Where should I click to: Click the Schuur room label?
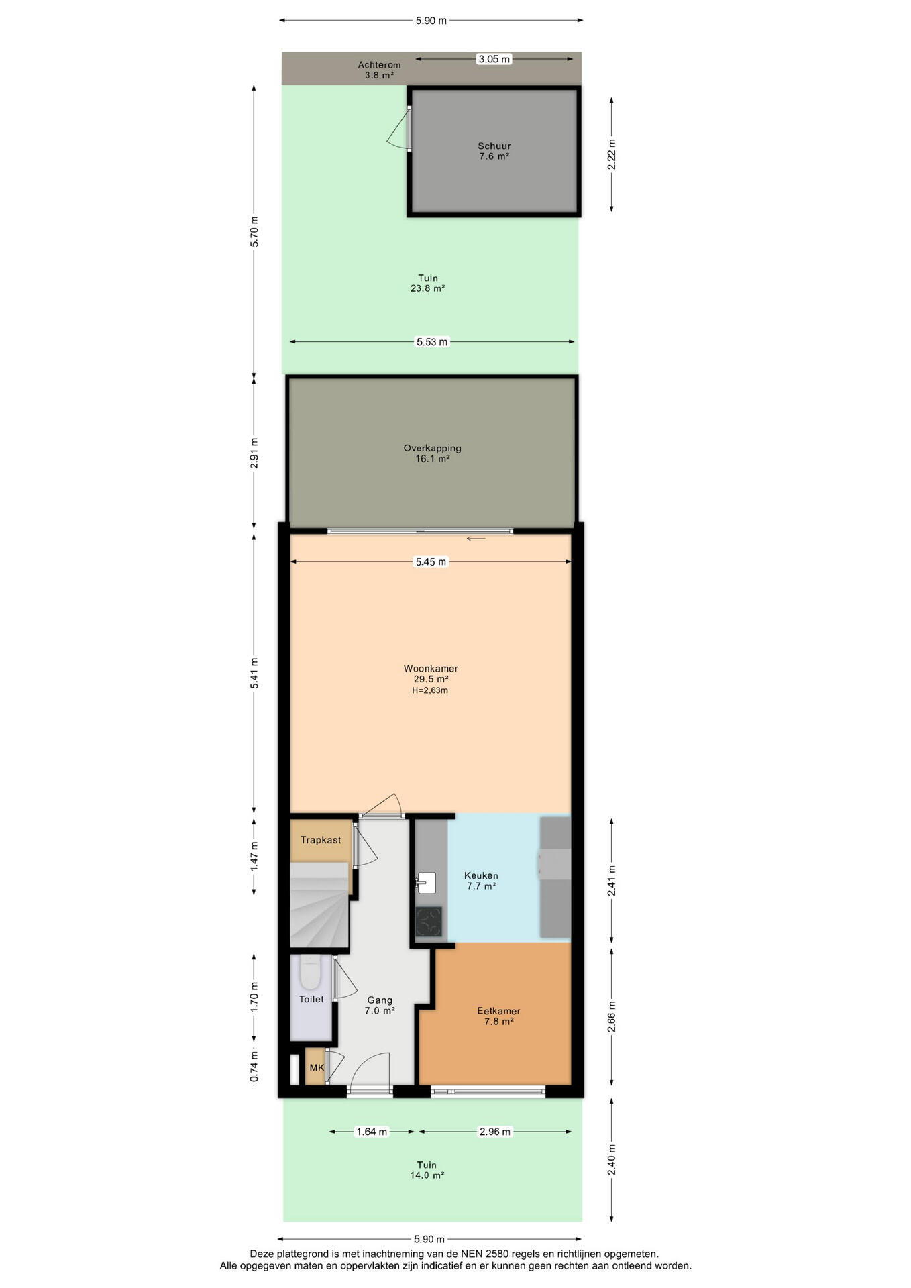(494, 146)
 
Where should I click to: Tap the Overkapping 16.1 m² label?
(432, 453)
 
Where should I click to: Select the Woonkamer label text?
(431, 668)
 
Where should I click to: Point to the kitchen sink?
(425, 881)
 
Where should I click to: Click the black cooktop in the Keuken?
(428, 921)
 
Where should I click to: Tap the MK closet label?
(317, 1067)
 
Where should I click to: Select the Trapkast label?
(321, 840)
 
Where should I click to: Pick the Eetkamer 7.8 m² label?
(498, 1016)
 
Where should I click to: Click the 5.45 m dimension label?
(431, 561)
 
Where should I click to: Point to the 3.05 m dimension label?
(494, 59)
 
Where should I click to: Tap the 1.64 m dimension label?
(372, 1132)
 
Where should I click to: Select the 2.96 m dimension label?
(494, 1132)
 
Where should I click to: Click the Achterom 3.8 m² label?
(379, 70)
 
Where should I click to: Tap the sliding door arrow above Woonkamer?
(476, 539)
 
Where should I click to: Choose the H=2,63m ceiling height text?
(430, 690)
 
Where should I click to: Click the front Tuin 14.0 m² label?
(427, 1170)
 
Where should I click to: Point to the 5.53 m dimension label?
(432, 342)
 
